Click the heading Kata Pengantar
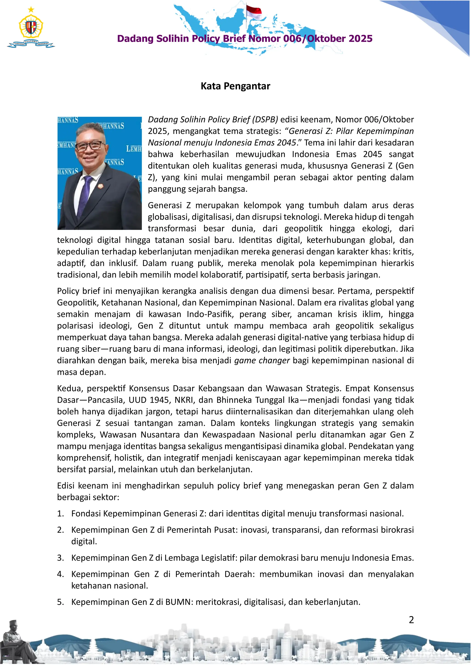click(x=235, y=86)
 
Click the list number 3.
click(x=60, y=558)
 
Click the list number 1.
click(x=60, y=513)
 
